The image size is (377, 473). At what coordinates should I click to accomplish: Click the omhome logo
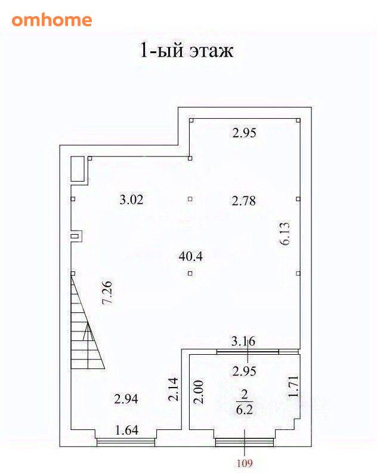51,20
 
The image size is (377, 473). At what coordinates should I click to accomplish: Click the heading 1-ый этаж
187,50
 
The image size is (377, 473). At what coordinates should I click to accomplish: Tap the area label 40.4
190,256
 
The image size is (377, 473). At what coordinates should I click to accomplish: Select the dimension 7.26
107,292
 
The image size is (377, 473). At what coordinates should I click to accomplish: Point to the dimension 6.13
285,234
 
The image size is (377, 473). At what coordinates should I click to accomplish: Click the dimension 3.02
131,199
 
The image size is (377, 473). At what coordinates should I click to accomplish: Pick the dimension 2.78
244,201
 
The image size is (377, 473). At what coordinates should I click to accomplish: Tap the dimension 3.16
243,341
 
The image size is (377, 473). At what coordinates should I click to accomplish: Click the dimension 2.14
174,389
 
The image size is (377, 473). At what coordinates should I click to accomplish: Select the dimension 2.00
199,392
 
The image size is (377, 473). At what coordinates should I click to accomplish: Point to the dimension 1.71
293,386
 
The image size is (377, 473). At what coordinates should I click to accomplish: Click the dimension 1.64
127,430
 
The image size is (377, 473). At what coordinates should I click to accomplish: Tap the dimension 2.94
126,399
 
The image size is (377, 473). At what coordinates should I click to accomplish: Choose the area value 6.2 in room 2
245,410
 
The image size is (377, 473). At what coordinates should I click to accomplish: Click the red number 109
245,463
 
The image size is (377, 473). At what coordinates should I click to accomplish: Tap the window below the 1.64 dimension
126,443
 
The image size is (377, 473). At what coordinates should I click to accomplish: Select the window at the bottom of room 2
245,443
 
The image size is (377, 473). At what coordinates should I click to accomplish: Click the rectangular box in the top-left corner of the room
78,169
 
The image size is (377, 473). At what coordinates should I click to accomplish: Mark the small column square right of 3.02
190,199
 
